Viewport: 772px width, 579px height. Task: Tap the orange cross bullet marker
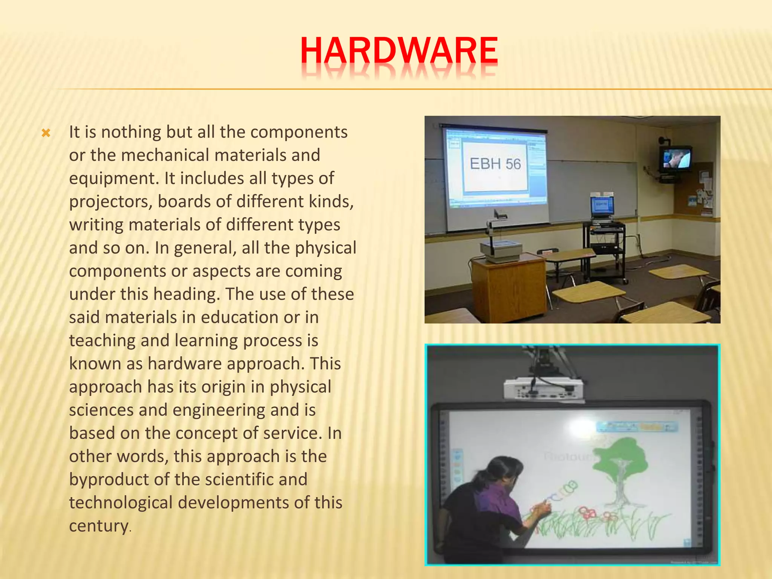[46, 133]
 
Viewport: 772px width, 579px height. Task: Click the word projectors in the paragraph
[110, 202]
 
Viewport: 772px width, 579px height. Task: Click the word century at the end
[99, 526]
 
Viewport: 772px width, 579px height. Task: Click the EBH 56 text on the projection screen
[495, 164]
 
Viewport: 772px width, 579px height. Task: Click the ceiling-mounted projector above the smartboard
[543, 388]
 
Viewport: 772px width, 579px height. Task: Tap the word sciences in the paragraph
[101, 410]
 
